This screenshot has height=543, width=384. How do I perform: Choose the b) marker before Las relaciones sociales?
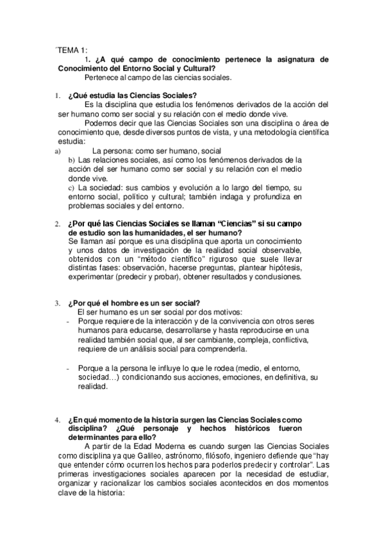click(72, 159)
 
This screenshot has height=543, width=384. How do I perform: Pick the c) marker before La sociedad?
click(72, 188)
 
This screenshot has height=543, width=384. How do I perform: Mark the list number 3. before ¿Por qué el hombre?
click(58, 303)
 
